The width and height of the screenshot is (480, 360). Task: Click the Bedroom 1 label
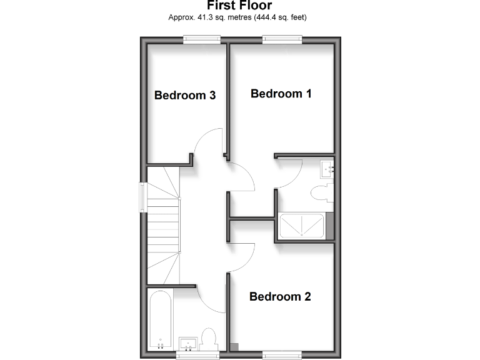pos(281,94)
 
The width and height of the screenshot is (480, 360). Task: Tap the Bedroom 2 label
pos(279,297)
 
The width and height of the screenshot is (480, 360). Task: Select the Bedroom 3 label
pos(185,96)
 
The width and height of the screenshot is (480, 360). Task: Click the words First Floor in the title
pos(239,6)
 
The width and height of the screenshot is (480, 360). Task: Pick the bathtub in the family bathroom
pos(161,320)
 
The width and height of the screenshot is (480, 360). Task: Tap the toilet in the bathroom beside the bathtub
pos(209,338)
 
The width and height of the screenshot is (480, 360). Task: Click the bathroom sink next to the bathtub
pos(188,343)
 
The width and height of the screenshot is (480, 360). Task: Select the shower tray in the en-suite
pos(301,226)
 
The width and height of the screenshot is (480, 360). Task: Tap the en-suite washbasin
pos(327,167)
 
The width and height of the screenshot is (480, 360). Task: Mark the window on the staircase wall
pos(143,197)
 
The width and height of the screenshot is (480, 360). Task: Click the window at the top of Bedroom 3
pos(202,40)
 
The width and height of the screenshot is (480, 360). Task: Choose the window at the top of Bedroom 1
pos(282,40)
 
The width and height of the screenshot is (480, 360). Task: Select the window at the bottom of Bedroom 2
pos(282,355)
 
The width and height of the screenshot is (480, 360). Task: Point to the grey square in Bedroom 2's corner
pos(234,346)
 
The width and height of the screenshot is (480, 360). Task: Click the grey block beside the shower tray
pos(329,226)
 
